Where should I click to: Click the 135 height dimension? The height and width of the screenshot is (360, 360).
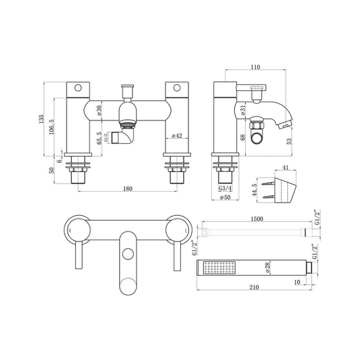41,119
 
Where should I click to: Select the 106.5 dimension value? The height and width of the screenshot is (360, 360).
51,127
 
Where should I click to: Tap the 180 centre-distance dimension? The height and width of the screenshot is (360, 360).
128,188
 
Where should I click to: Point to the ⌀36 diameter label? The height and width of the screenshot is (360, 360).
99,110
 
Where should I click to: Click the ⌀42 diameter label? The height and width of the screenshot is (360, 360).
177,136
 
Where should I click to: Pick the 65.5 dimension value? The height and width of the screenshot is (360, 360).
99,138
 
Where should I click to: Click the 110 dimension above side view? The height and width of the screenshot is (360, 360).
255,67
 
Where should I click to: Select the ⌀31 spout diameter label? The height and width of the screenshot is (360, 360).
243,110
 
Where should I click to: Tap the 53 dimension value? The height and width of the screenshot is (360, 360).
289,141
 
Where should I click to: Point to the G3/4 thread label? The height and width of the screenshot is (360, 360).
225,188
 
